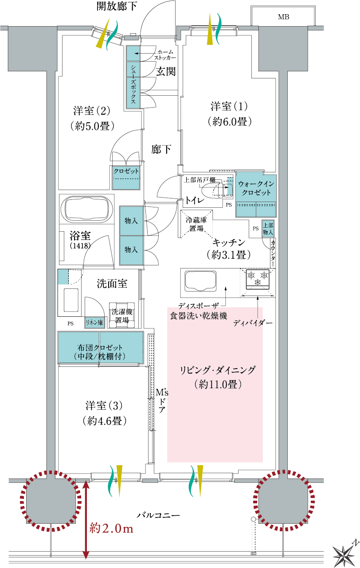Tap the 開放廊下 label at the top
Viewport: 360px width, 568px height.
click(x=117, y=6)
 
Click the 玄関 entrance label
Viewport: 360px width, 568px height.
click(x=166, y=71)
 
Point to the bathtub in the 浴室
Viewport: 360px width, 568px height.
click(x=86, y=209)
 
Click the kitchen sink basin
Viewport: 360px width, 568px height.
click(x=201, y=281)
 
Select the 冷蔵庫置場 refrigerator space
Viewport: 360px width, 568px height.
click(x=196, y=224)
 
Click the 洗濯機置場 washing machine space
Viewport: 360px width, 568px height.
click(x=122, y=315)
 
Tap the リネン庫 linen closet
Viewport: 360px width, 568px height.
click(x=94, y=322)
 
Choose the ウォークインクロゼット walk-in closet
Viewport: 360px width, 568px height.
click(x=256, y=195)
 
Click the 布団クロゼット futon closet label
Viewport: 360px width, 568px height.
click(x=100, y=352)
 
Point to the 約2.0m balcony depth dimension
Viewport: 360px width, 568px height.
click(x=111, y=529)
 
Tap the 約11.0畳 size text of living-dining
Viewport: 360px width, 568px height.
click(x=218, y=385)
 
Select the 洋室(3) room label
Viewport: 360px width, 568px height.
click(x=104, y=405)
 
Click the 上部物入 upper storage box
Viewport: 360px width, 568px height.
click(x=268, y=229)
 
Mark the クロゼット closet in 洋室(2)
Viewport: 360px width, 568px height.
click(x=126, y=178)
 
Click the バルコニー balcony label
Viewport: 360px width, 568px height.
click(x=158, y=515)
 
